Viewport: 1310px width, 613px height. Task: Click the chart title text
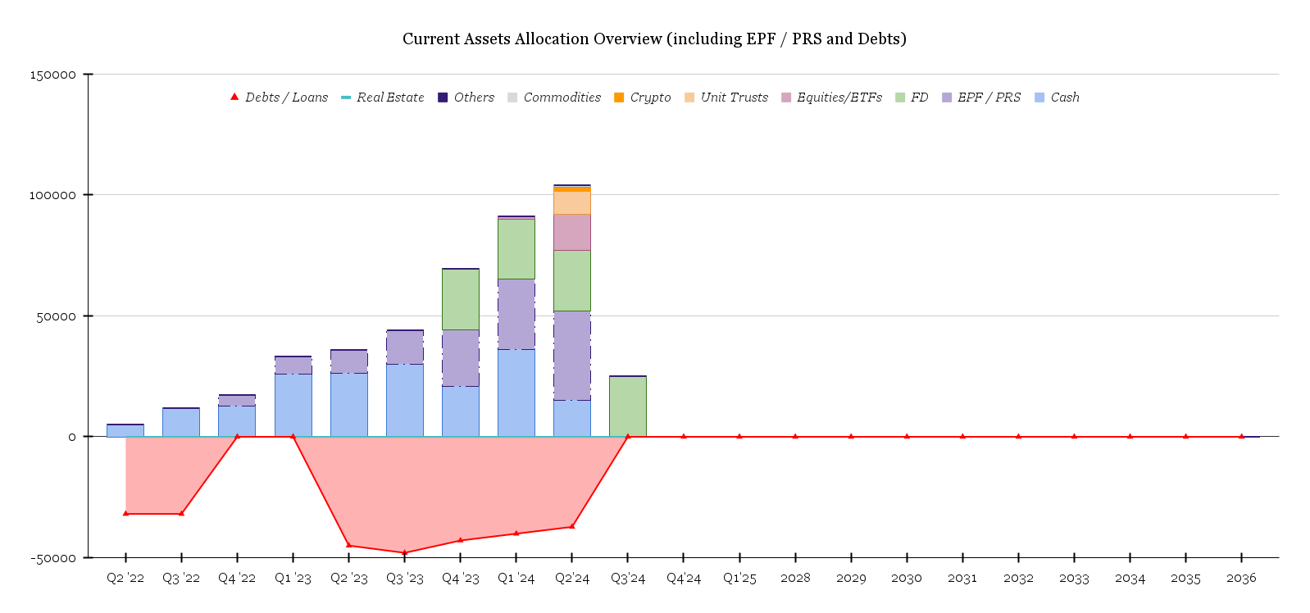(x=654, y=39)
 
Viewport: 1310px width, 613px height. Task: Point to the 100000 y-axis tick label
(x=52, y=195)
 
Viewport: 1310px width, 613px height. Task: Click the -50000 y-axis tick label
(x=52, y=558)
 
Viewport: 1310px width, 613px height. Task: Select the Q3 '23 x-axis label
(x=405, y=579)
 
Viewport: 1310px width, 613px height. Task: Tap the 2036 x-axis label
(x=1241, y=579)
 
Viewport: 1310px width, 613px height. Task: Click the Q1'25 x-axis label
(x=739, y=579)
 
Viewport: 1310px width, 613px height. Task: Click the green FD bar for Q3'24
(x=628, y=406)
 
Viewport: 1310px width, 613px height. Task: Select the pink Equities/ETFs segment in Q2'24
(x=572, y=232)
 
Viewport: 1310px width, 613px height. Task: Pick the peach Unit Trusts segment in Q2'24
(x=572, y=202)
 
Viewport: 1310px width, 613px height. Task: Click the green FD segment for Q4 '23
(x=461, y=299)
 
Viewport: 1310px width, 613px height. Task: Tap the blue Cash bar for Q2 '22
(x=125, y=430)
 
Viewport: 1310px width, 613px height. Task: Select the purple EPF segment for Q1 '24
(x=516, y=314)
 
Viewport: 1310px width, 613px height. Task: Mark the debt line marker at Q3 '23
(x=404, y=552)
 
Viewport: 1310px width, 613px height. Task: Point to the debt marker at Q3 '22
(x=181, y=514)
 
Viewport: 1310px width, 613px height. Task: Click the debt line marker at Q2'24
(x=572, y=526)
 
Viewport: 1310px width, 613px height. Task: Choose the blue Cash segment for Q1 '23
(x=293, y=405)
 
